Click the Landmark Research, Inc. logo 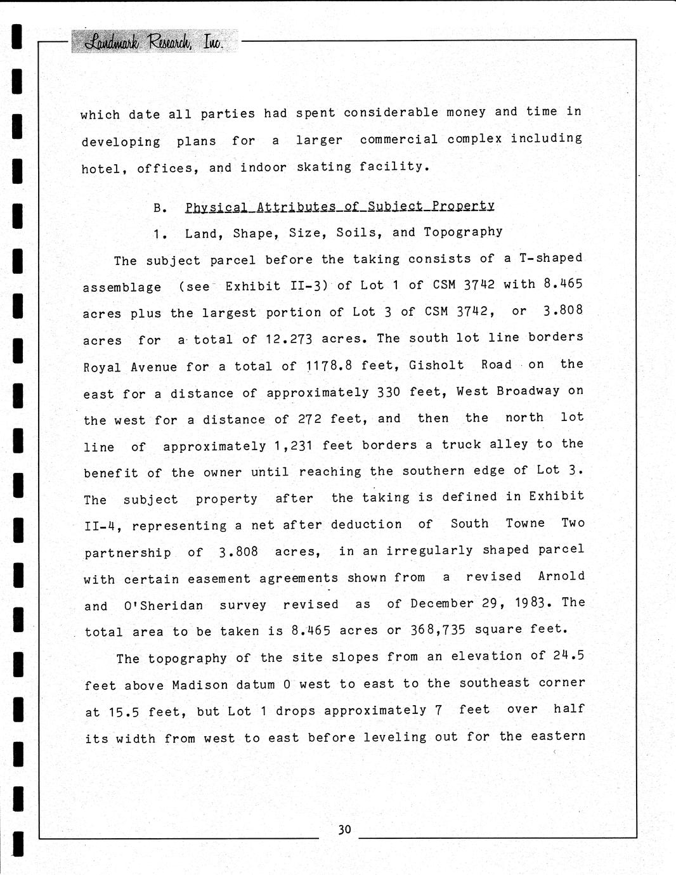point(155,42)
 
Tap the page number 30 point(344,829)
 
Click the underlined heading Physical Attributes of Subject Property point(339,206)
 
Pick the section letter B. point(160,208)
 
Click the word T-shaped point(550,257)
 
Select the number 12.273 point(289,339)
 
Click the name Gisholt point(436,365)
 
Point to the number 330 point(389,392)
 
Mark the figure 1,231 point(293,446)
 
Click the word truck point(460,444)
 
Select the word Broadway point(528,391)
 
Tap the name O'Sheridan point(164,606)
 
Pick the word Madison point(200,685)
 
